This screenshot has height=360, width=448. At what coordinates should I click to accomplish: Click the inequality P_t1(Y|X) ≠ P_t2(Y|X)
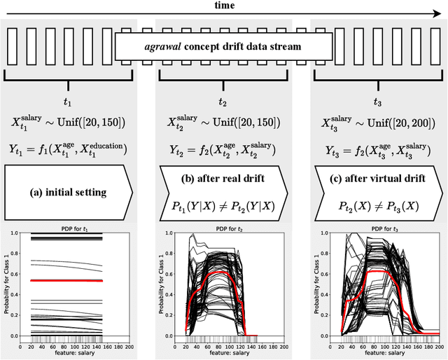223,205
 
